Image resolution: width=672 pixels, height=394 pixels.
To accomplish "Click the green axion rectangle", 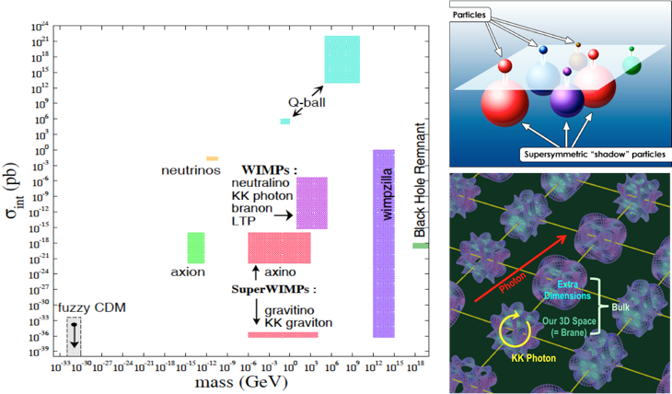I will (195, 248).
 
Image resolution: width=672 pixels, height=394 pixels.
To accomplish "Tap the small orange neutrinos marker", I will (212, 158).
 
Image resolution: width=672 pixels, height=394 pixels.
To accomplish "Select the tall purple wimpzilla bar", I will (383, 243).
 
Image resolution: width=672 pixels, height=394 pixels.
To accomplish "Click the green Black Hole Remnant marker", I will (421, 245).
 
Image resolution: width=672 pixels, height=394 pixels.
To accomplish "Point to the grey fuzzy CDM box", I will (75, 337).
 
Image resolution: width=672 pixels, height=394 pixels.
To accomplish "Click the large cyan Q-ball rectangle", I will (342, 60).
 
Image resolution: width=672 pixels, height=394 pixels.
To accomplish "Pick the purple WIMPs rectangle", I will (312, 203).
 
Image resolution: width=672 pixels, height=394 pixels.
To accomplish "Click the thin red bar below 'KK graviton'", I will (283, 334).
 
